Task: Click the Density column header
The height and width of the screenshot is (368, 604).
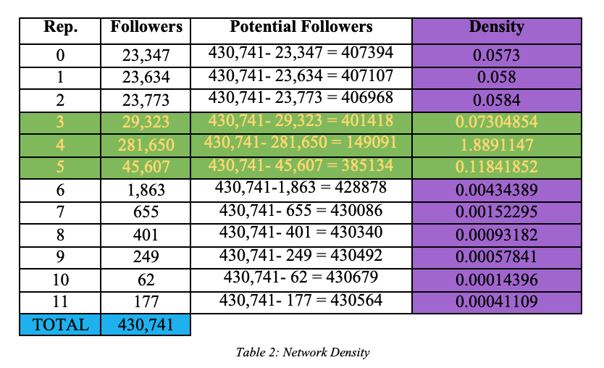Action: click(496, 28)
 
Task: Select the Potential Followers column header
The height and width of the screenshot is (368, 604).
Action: click(301, 28)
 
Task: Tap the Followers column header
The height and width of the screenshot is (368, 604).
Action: click(146, 28)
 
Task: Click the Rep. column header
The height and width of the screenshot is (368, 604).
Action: click(61, 28)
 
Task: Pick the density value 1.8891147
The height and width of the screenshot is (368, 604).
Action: click(496, 144)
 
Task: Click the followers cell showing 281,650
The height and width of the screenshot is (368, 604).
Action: click(146, 145)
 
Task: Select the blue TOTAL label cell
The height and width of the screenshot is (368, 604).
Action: click(61, 324)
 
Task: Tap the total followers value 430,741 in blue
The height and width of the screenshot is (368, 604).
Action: click(146, 324)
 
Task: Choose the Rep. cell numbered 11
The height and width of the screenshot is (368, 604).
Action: click(61, 301)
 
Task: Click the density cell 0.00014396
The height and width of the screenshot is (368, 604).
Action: click(496, 279)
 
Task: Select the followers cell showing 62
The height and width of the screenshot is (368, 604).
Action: click(146, 279)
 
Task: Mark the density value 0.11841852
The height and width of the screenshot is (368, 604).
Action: click(496, 167)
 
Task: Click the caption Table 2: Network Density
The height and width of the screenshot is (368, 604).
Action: click(303, 353)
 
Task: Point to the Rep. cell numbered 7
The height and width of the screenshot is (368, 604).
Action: click(61, 212)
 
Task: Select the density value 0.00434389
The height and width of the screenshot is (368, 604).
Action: click(496, 189)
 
